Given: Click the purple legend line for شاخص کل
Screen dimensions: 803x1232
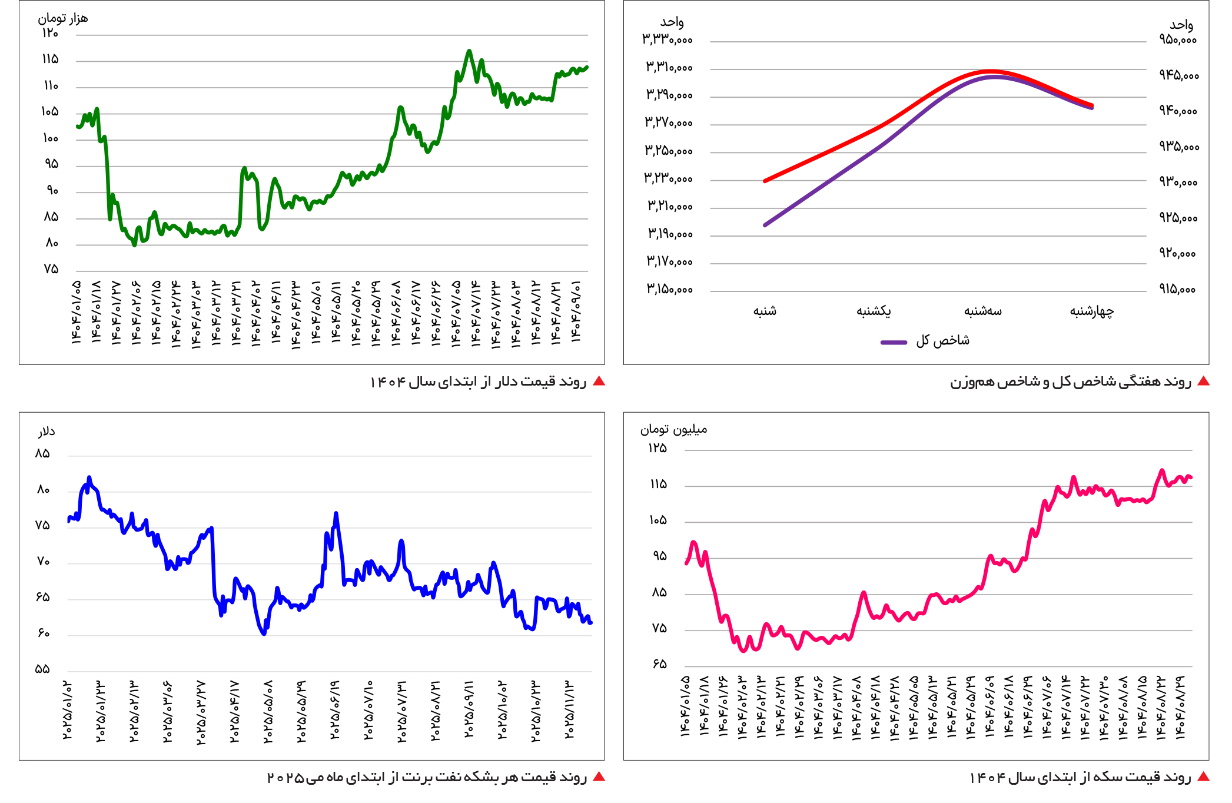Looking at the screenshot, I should pyautogui.click(x=894, y=342).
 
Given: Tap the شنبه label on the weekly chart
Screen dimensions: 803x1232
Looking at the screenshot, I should pyautogui.click(x=765, y=311).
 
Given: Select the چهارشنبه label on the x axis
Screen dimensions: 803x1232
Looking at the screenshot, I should pyautogui.click(x=1092, y=311).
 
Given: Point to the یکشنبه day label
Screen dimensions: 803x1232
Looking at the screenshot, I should pyautogui.click(x=874, y=311).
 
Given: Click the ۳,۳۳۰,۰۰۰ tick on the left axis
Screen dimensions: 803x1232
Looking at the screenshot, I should pyautogui.click(x=667, y=39).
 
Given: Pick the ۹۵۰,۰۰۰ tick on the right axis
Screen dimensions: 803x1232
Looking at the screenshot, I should pyautogui.click(x=1178, y=39).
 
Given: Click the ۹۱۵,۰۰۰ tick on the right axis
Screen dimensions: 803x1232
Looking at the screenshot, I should pyautogui.click(x=1178, y=289).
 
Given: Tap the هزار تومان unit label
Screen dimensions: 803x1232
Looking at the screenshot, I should pyautogui.click(x=63, y=18).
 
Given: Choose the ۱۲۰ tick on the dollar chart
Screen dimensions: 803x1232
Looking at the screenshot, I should pyautogui.click(x=50, y=33).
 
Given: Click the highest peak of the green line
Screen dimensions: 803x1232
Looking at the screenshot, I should pyautogui.click(x=469, y=51).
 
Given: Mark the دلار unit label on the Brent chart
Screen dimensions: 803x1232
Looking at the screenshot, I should pyautogui.click(x=47, y=432).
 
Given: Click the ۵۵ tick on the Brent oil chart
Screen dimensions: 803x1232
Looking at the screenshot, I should pyautogui.click(x=42, y=669).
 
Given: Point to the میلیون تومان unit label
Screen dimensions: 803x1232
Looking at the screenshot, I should pyautogui.click(x=674, y=429).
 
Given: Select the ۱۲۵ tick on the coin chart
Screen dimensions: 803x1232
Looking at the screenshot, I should pyautogui.click(x=657, y=449).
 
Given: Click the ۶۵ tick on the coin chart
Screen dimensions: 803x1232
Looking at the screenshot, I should pyautogui.click(x=659, y=665).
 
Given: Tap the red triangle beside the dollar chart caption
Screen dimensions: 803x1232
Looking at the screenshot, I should pyautogui.click(x=599, y=381).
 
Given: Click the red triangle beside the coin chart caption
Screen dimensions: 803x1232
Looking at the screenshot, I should pyautogui.click(x=1204, y=777).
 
